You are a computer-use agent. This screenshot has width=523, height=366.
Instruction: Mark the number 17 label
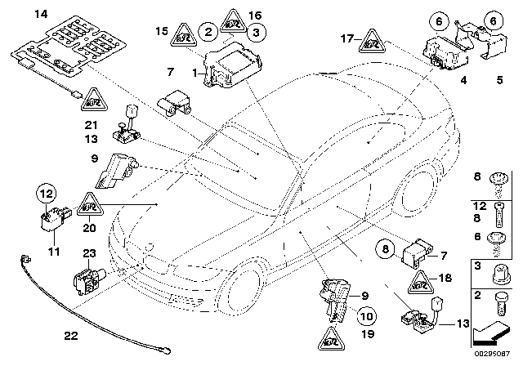point(346,38)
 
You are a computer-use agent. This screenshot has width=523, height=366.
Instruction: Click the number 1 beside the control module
point(194,73)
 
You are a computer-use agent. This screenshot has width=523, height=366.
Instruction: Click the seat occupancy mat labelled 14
point(61,49)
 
